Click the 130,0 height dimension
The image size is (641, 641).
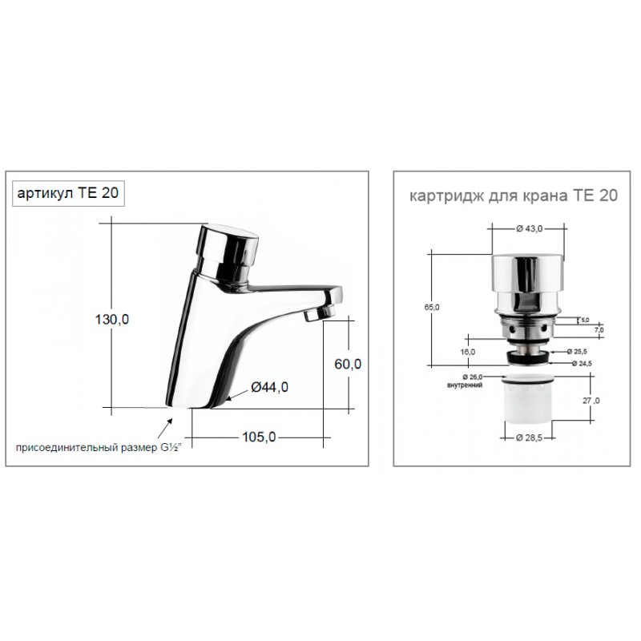(112, 319)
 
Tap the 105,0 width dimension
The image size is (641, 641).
(259, 437)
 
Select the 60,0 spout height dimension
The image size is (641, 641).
(348, 364)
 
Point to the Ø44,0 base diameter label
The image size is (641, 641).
(269, 387)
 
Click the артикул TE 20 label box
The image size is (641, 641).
(68, 193)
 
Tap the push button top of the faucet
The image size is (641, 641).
(228, 244)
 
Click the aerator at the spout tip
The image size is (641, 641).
(319, 314)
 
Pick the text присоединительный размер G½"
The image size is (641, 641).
(99, 448)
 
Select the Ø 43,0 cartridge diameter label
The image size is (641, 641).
(529, 229)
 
